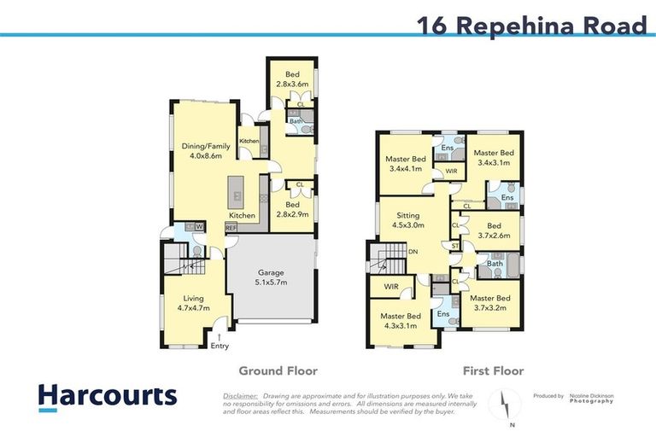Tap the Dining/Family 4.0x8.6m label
click(202, 151)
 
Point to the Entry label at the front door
click(220, 346)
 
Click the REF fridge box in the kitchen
click(231, 228)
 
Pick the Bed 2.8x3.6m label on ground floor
click(290, 80)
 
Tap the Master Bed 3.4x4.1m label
click(406, 164)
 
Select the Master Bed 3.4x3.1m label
click(493, 157)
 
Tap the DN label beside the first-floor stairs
click(413, 253)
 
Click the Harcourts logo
click(108, 396)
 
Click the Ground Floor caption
click(278, 370)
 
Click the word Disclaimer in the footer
click(240, 395)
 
